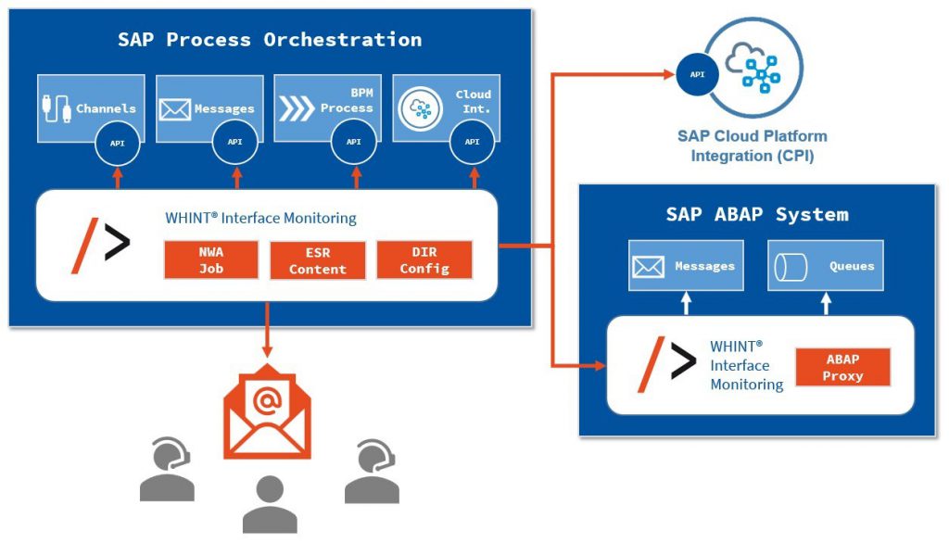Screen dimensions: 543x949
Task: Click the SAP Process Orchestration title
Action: (269, 40)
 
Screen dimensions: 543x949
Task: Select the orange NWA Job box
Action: (211, 259)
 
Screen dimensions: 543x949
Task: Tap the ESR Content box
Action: (318, 259)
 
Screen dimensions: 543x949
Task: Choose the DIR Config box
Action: (424, 259)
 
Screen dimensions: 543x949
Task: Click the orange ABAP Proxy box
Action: (842, 368)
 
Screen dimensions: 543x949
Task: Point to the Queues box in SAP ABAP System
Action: (826, 266)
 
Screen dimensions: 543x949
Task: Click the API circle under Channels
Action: (117, 142)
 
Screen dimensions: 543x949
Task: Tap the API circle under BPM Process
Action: (354, 142)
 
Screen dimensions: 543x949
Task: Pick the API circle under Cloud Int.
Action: (473, 142)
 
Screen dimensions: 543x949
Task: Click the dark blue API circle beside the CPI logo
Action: (694, 75)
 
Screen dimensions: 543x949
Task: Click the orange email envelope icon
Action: (267, 416)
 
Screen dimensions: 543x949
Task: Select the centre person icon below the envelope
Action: (269, 504)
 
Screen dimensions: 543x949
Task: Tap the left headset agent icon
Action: (168, 471)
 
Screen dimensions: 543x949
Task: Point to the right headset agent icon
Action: (371, 471)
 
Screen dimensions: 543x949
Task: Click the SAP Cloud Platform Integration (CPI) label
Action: (753, 146)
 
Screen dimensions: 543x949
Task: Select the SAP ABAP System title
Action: (756, 215)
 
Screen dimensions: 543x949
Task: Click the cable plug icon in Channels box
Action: (57, 108)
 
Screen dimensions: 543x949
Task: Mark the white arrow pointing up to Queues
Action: (826, 303)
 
